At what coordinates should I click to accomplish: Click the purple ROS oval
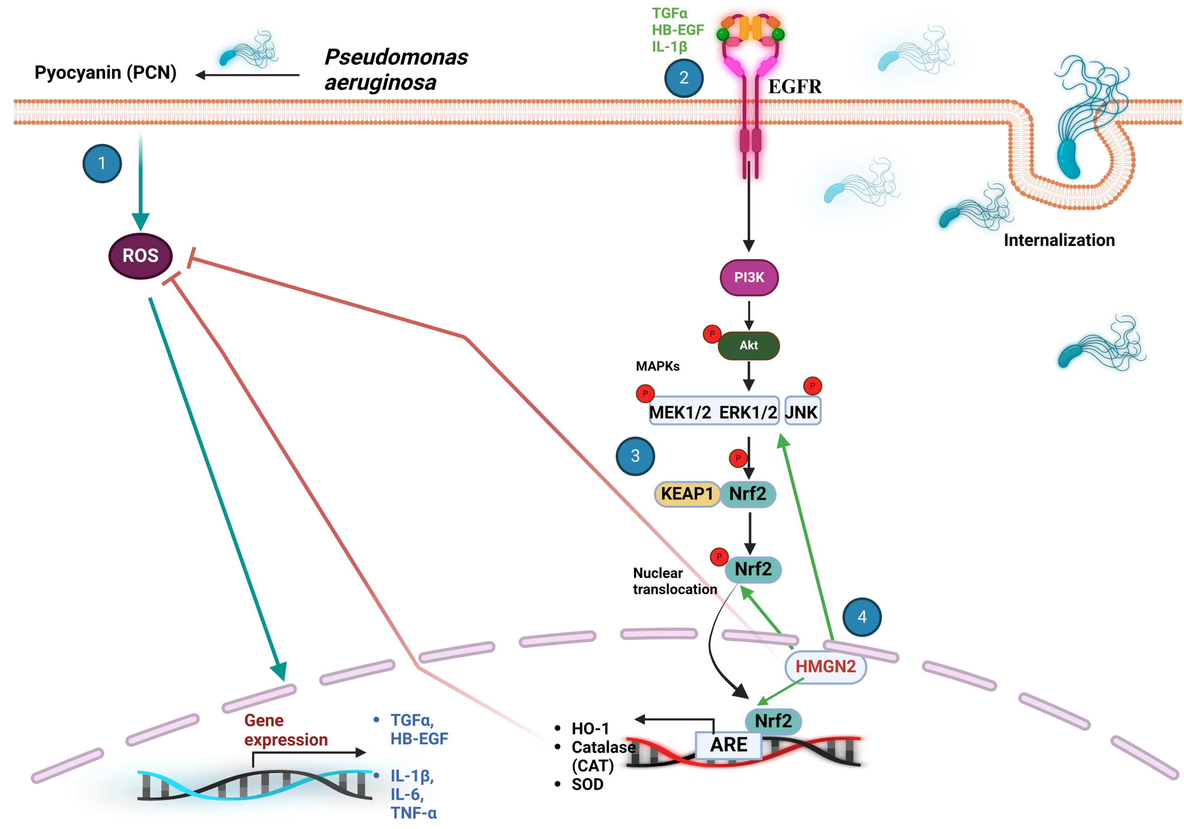140,256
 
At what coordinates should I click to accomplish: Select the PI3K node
749,278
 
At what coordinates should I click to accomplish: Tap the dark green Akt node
749,345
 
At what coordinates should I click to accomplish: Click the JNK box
802,412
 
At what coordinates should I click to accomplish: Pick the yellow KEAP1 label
686,494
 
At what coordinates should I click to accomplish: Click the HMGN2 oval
825,667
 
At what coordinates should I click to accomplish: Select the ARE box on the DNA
728,745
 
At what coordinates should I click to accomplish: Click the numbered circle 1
102,163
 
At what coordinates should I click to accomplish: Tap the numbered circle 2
684,78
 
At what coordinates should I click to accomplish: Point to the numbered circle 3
635,456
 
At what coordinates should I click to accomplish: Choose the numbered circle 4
861,617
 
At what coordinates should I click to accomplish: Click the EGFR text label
795,87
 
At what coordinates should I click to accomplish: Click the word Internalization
1058,240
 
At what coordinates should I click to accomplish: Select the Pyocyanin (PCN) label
106,73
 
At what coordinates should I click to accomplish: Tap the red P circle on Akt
712,334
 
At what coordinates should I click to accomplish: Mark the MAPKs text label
657,366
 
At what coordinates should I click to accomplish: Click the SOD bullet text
587,784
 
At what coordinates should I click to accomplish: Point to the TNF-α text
413,813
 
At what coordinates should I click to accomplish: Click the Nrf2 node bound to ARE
772,721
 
